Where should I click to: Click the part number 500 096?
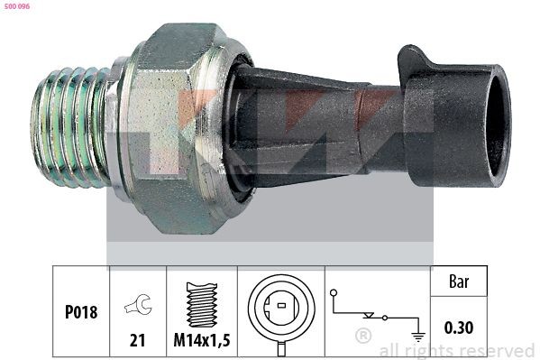tap(17, 6)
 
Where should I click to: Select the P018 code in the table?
tap(80, 312)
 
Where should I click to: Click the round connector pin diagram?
tap(281, 307)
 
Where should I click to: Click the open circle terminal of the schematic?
tap(334, 293)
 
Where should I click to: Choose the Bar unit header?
tap(459, 282)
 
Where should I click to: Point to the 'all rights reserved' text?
tap(456, 350)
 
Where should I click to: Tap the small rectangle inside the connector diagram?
tap(281, 306)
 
